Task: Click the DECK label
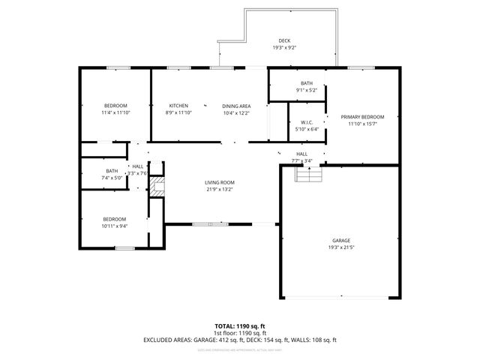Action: click(x=284, y=40)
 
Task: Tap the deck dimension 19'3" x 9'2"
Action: click(x=284, y=48)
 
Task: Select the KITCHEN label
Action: click(x=178, y=106)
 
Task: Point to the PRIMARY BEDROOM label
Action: click(x=362, y=117)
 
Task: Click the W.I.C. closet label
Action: click(x=306, y=122)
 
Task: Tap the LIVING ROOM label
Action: click(x=220, y=182)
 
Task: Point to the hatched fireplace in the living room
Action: click(x=156, y=188)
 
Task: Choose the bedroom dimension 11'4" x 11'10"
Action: click(x=115, y=112)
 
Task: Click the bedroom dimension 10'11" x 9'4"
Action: click(x=115, y=226)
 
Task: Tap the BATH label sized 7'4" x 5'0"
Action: click(x=112, y=171)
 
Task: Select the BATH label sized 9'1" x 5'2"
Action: click(x=307, y=83)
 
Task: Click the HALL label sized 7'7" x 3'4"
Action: click(x=301, y=154)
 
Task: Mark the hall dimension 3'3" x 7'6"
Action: click(x=137, y=173)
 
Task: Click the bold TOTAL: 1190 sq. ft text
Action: click(x=240, y=327)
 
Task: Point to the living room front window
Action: click(x=210, y=223)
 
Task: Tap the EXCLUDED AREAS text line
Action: click(x=240, y=340)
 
